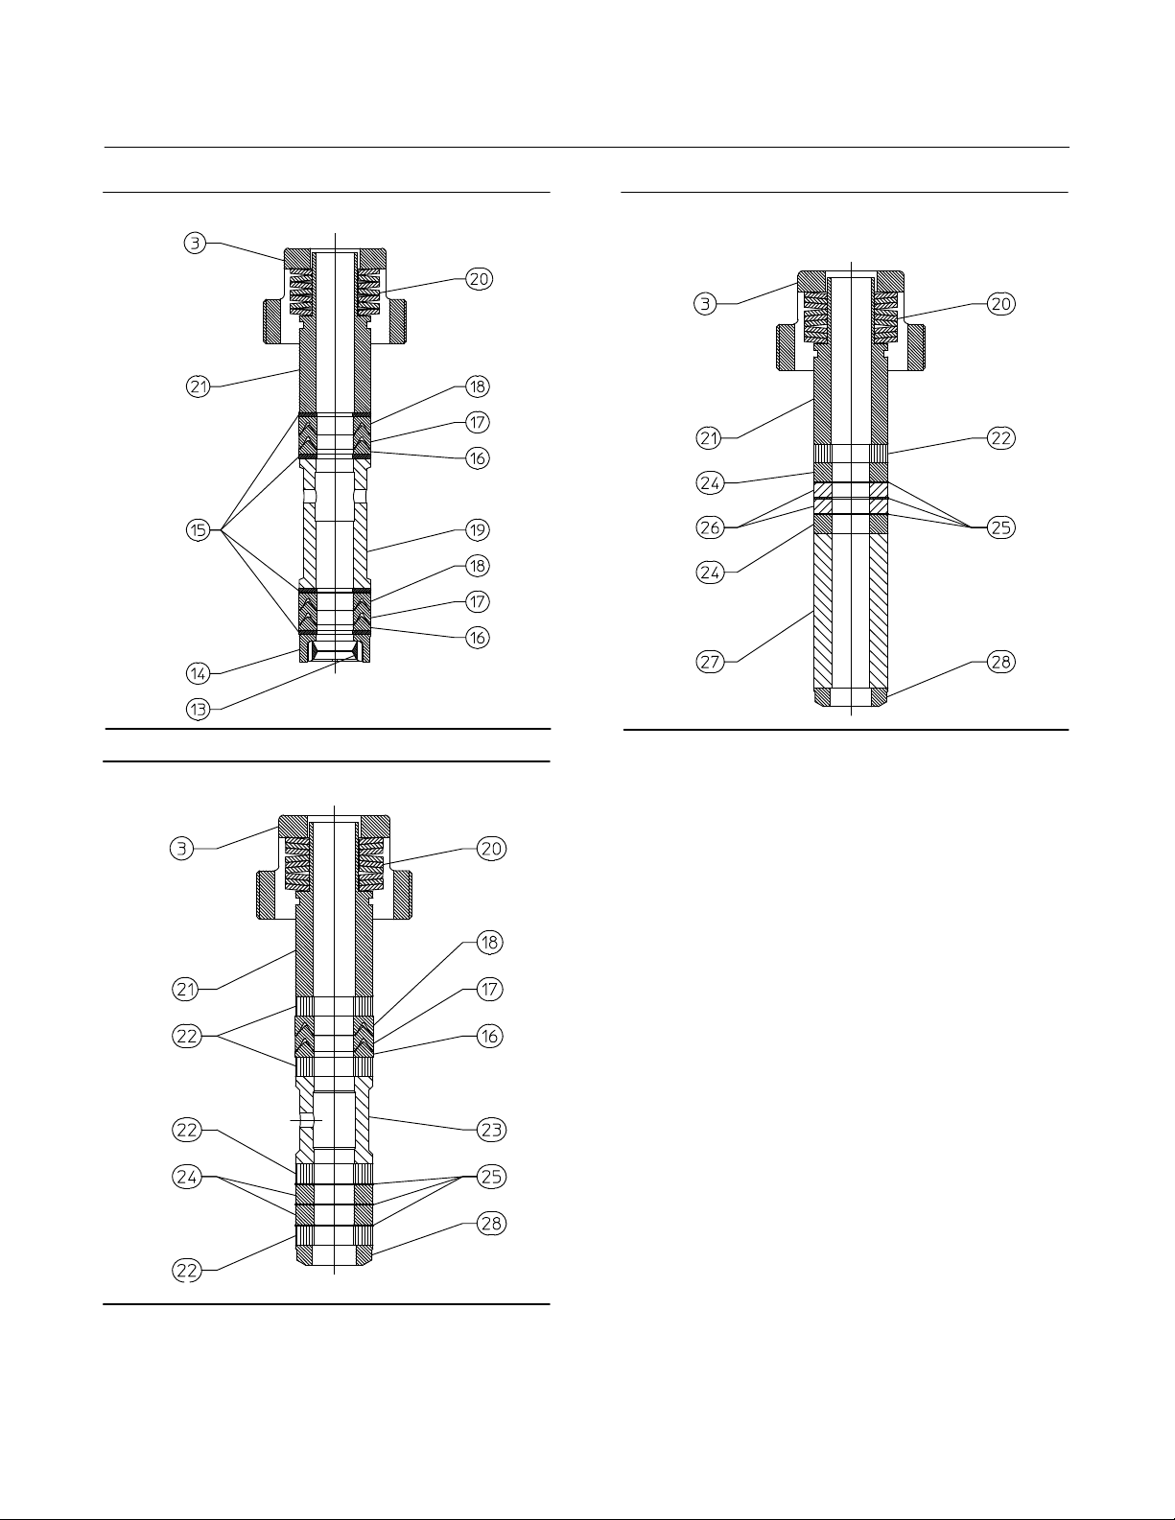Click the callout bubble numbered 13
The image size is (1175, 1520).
pos(198,710)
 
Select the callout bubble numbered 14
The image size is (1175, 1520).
pos(198,673)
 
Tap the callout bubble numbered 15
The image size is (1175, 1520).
pos(198,530)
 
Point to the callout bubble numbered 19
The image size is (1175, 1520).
pos(478,529)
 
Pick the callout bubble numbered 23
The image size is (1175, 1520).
pos(491,1130)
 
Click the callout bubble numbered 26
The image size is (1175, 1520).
pos(710,527)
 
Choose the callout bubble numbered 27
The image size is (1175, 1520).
pos(710,662)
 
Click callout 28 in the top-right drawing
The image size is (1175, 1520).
pos(1000,662)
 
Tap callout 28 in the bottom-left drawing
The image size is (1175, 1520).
pos(491,1224)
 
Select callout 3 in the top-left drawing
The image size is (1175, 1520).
pos(195,243)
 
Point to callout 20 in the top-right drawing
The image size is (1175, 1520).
pos(1000,304)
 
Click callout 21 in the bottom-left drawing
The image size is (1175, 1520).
pos(187,989)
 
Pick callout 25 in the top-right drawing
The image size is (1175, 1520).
pos(1000,527)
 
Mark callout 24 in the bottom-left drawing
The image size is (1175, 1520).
pos(187,1177)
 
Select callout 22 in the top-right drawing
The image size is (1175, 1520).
pos(1000,438)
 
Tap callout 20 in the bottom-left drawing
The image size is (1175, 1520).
pos(491,849)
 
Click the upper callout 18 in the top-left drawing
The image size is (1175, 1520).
pos(478,386)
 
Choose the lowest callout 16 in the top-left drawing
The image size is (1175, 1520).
pos(478,637)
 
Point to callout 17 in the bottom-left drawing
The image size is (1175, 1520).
pos(489,989)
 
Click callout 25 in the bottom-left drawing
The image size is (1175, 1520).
pos(491,1177)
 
